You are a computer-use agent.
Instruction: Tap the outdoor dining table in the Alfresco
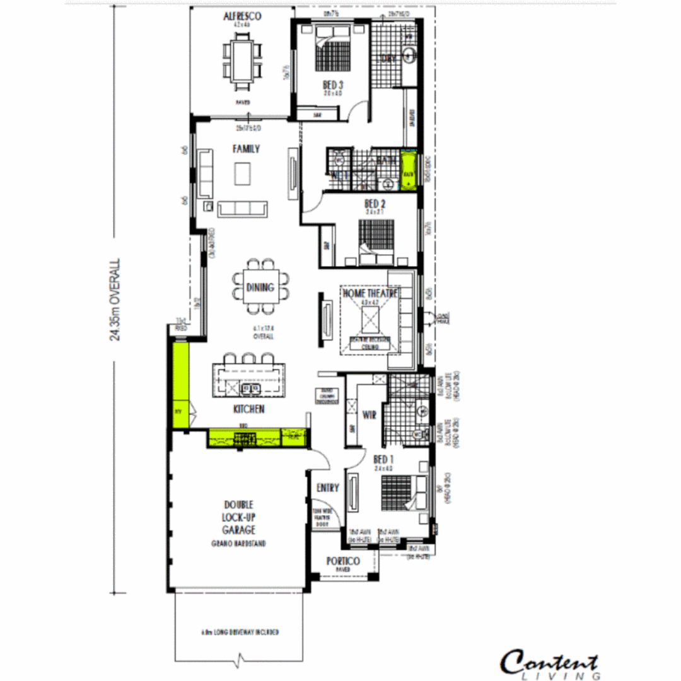pyautogui.click(x=242, y=59)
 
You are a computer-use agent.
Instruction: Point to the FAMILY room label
pyautogui.click(x=246, y=149)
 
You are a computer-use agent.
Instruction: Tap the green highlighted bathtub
pyautogui.click(x=409, y=170)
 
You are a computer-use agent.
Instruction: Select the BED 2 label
pyautogui.click(x=375, y=204)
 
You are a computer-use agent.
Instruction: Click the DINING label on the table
pyautogui.click(x=260, y=288)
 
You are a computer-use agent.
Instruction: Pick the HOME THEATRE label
pyautogui.click(x=370, y=293)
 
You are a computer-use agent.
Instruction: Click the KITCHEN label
pyautogui.click(x=248, y=409)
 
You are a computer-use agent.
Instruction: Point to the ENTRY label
pyautogui.click(x=327, y=487)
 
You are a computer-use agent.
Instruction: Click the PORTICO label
pyautogui.click(x=343, y=561)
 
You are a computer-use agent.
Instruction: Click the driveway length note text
pyautogui.click(x=240, y=632)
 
